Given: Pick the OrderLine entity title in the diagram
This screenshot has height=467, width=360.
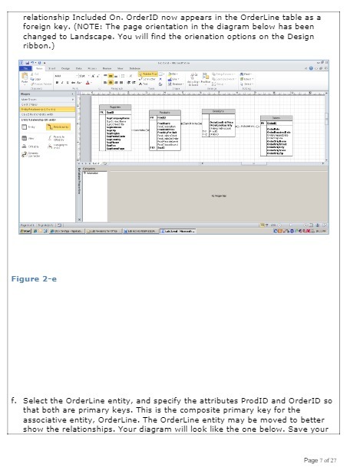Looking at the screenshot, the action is coord(217,110).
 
